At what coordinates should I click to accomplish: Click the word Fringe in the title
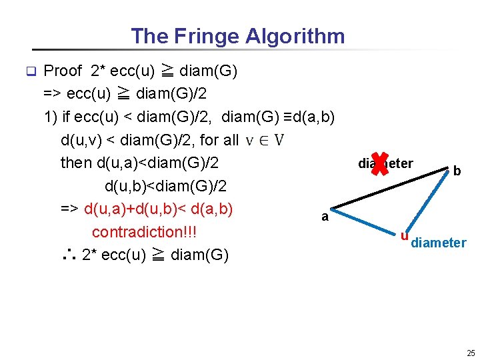(x=209, y=36)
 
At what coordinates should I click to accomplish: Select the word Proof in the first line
(x=63, y=71)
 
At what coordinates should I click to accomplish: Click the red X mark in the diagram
(x=379, y=163)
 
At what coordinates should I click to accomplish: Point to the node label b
(x=457, y=171)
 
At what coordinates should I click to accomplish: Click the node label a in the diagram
(x=325, y=217)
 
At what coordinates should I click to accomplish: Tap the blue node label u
(x=404, y=235)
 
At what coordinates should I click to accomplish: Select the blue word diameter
(x=439, y=243)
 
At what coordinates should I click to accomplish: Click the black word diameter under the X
(x=385, y=164)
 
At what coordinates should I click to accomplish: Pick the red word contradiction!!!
(x=145, y=232)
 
